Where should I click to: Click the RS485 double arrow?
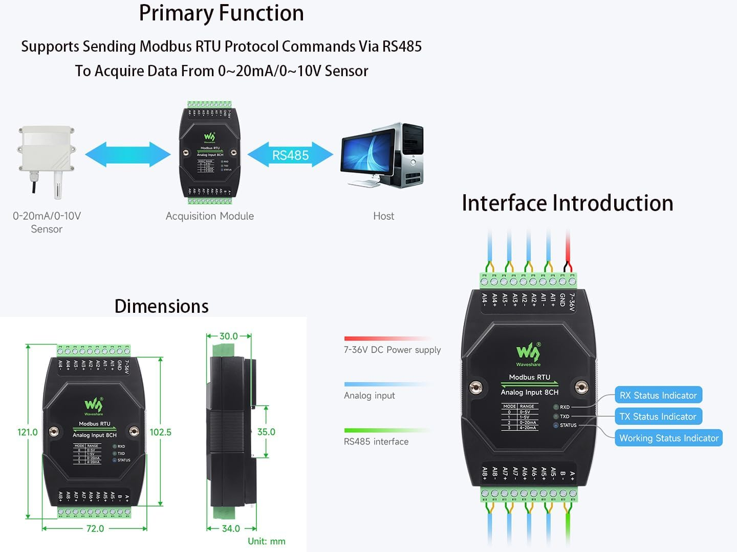(x=290, y=155)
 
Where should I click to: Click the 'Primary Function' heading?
(x=221, y=13)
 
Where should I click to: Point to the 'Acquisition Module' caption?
(x=209, y=216)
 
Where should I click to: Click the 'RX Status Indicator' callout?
(x=658, y=395)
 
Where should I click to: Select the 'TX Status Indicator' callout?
(x=658, y=417)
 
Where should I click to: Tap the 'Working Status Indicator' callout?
(x=668, y=438)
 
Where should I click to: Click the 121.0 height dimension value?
(x=28, y=432)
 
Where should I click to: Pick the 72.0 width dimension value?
(x=95, y=528)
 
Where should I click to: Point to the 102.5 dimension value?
(x=160, y=432)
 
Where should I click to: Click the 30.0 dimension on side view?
(x=228, y=336)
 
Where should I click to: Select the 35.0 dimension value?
(x=266, y=432)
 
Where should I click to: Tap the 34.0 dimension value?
(x=231, y=528)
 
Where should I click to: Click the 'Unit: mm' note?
(x=266, y=541)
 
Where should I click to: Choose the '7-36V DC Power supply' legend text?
(x=392, y=350)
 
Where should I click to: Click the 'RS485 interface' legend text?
(x=376, y=442)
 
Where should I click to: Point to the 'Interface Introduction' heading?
(x=567, y=203)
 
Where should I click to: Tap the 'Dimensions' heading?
(x=161, y=306)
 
